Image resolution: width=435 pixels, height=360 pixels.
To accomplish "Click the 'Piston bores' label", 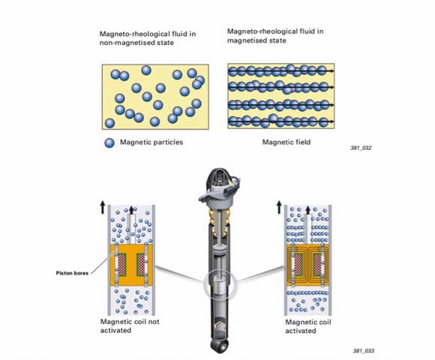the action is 72,273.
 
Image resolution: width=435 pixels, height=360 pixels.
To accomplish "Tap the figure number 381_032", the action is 361,148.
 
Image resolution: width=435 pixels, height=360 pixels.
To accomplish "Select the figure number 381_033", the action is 364,351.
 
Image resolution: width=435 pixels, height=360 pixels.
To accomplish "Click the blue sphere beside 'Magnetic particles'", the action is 109,142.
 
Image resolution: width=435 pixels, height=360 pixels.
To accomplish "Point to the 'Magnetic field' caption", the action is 286,142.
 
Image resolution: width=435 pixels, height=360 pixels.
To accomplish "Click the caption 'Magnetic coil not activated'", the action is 130,326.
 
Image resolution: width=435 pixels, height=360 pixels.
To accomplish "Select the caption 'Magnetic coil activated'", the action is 308,326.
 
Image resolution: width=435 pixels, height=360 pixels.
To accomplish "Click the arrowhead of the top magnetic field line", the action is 331,71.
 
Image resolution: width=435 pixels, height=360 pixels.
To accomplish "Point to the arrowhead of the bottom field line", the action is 331,121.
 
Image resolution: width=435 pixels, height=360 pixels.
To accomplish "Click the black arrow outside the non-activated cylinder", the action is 103,208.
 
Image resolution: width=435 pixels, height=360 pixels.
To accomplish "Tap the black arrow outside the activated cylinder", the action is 279,208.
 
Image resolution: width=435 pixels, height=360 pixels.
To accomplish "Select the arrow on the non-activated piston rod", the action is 131,210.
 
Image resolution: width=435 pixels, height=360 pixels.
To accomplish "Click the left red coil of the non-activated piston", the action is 122,264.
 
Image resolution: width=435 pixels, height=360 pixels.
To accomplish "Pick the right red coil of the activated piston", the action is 317,264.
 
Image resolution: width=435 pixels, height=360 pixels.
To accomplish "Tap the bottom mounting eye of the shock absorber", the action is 219,345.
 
